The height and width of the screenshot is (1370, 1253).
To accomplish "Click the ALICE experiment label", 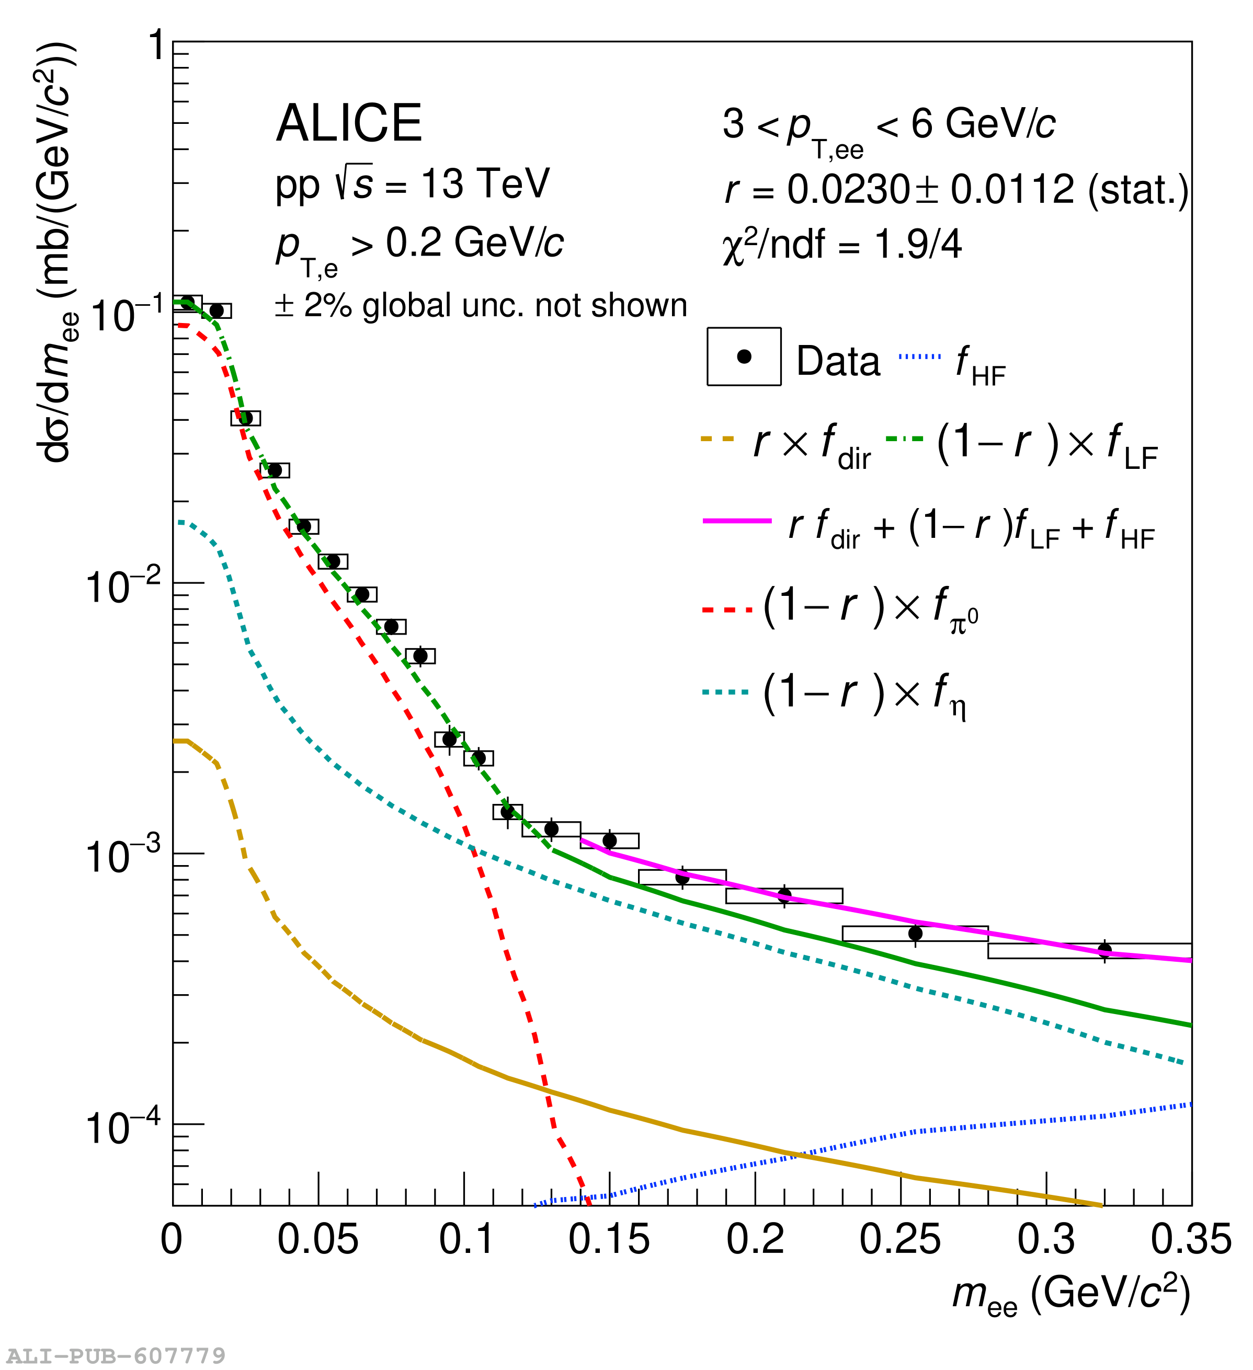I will pyautogui.click(x=349, y=124).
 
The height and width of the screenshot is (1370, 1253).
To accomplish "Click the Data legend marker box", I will pyautogui.click(x=744, y=357).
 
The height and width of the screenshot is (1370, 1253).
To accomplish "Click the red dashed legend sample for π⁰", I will pyautogui.click(x=727, y=609).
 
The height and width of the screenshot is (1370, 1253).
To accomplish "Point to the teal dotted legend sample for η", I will pyautogui.click(x=726, y=693).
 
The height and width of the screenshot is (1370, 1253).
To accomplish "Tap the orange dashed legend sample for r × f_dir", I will pyautogui.click(x=718, y=439).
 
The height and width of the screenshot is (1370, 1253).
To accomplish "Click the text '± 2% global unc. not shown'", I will pyautogui.click(x=481, y=306).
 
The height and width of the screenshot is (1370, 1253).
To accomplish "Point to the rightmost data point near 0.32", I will pyautogui.click(x=1104, y=950).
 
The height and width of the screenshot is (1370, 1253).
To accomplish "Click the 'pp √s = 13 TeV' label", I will pyautogui.click(x=412, y=183).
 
